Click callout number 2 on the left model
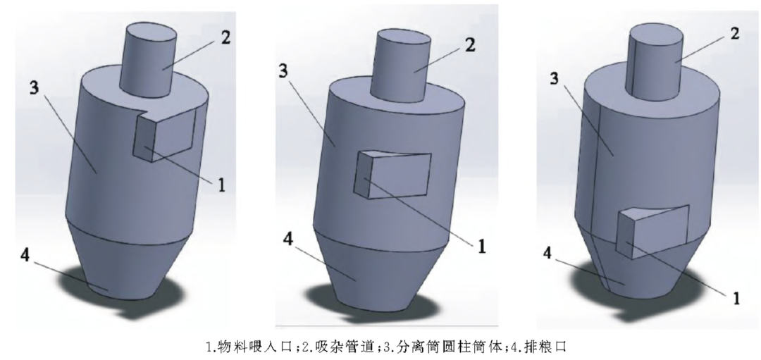[x=225, y=37]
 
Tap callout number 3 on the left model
[x=34, y=88]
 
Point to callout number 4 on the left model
[x=25, y=255]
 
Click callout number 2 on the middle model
[x=470, y=44]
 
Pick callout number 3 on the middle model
[x=283, y=71]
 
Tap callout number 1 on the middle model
[x=481, y=247]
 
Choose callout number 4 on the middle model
[x=288, y=239]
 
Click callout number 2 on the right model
[x=735, y=34]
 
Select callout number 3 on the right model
[x=555, y=78]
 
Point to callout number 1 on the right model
[x=736, y=298]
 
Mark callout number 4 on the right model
[x=547, y=253]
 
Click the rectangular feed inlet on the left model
[x=165, y=135]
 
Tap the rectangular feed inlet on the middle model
[x=394, y=175]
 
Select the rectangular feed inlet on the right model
[x=652, y=231]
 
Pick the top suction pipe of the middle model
[x=400, y=65]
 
